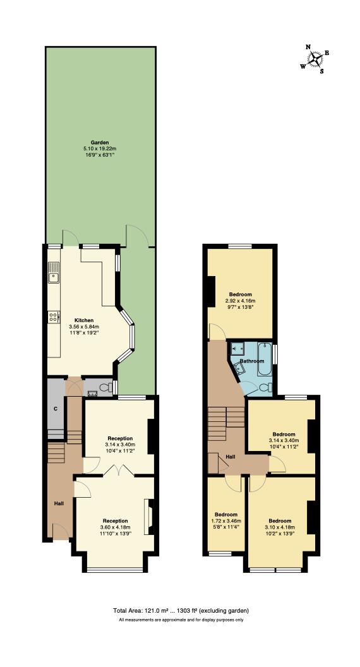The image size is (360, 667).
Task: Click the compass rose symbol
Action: click(316, 58)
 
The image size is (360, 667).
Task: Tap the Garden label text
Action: click(100, 142)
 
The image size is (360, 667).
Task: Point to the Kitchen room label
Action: click(84, 320)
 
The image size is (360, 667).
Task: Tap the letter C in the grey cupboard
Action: click(56, 409)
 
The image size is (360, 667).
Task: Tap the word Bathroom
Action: click(251, 361)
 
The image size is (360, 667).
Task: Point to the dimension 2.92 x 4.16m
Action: click(240, 301)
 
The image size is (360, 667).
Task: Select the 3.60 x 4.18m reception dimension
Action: click(115, 527)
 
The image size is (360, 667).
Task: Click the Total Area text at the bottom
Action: click(181, 610)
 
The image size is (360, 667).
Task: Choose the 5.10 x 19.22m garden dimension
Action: click(100, 148)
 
